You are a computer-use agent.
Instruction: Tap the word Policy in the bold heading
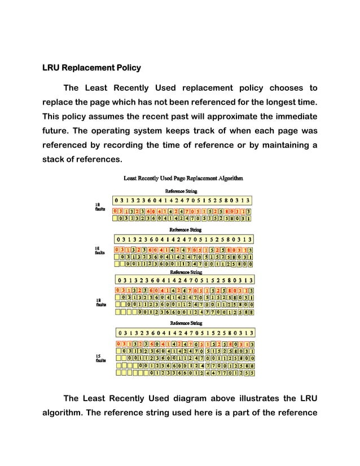(128, 68)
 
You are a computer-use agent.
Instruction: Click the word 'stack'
(55, 159)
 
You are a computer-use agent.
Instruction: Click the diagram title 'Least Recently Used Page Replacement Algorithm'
(183, 179)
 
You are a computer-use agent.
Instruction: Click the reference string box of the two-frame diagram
(182, 200)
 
